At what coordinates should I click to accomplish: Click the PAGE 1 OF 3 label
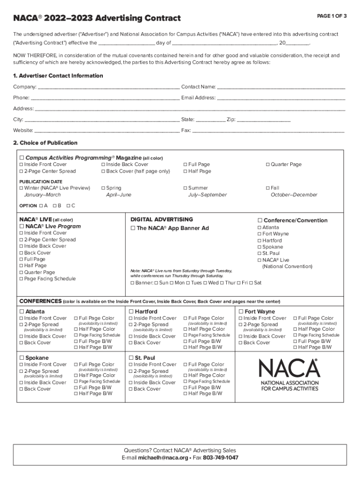pyautogui.click(x=331, y=16)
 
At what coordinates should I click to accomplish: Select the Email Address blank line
pyautogui.click(x=281, y=98)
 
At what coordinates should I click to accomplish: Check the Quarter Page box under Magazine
pyautogui.click(x=268, y=165)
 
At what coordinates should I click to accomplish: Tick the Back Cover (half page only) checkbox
pyautogui.click(x=103, y=171)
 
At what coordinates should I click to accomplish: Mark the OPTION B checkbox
pyautogui.click(x=55, y=206)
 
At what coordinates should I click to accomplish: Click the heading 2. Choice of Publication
pyautogui.click(x=45, y=143)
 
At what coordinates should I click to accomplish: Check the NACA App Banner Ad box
pyautogui.click(x=133, y=228)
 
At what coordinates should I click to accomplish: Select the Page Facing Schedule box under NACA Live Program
pyautogui.click(x=21, y=279)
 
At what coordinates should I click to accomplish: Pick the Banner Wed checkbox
pyautogui.click(x=205, y=283)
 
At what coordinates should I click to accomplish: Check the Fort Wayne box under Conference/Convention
pyautogui.click(x=259, y=234)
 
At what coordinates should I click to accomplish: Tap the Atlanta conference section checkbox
pyautogui.click(x=22, y=312)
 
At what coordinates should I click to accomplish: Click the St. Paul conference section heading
pyautogui.click(x=144, y=358)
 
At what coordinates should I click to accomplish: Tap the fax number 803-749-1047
pyautogui.click(x=220, y=457)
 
